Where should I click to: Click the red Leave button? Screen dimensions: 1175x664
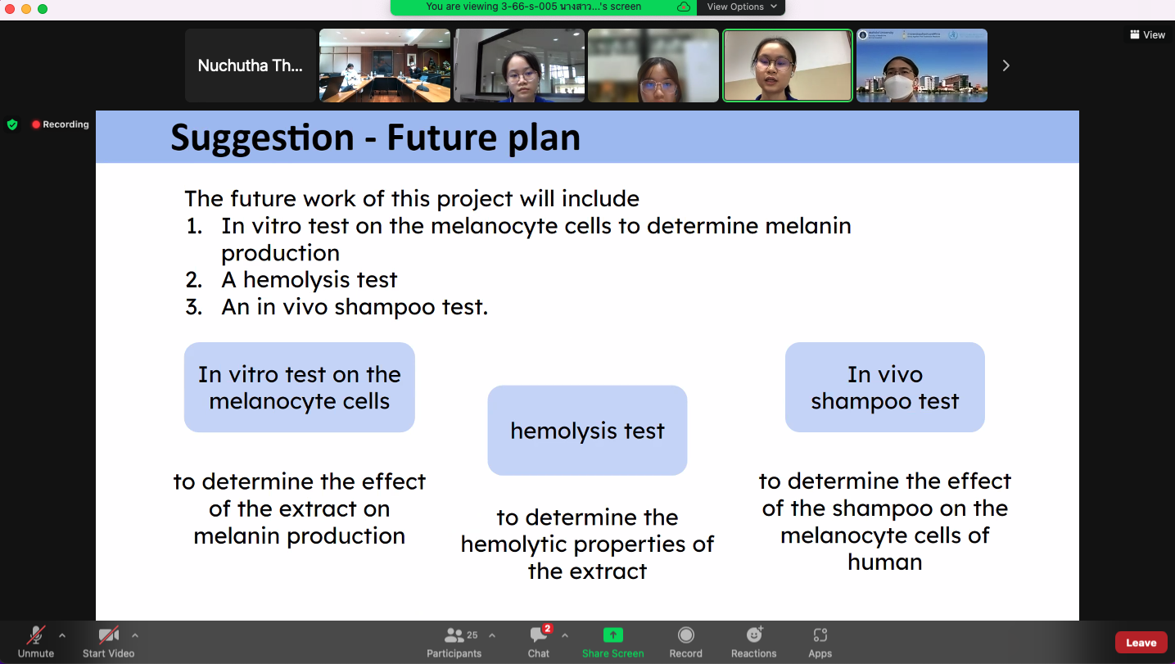1141,643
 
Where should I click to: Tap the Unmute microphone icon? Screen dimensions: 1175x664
36,635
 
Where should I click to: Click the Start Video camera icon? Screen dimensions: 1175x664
108,635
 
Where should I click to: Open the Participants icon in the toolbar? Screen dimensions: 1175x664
454,635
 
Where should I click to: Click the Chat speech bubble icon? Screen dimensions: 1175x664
538,635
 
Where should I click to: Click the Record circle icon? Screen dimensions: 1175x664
685,635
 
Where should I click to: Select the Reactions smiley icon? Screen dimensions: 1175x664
754,635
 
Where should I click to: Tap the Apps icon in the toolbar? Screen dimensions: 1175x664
820,635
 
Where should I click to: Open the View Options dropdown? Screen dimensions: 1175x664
741,7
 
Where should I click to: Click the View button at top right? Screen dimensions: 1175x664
1147,34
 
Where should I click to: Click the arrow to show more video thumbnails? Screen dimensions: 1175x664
1006,65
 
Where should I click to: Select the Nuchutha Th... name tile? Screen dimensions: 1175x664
251,65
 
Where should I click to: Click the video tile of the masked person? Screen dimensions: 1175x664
922,65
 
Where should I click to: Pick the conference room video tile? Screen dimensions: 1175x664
385,65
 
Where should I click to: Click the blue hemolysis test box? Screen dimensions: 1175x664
587,431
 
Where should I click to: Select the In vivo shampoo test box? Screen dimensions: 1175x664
884,387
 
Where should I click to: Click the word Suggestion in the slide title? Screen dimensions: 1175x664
262,138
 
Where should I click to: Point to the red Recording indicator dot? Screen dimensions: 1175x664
36,124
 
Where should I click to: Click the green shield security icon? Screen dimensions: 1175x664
12,124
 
